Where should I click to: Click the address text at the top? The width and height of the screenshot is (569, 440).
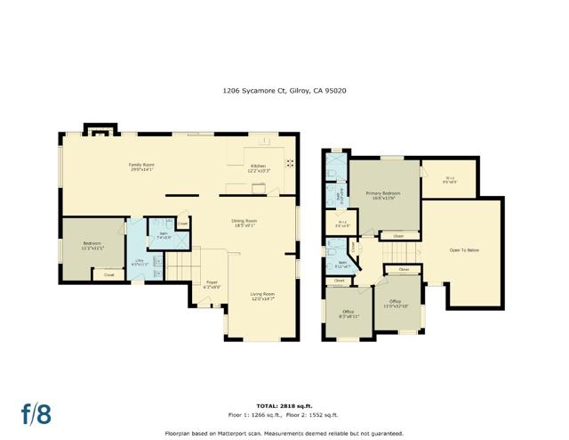(x=284, y=90)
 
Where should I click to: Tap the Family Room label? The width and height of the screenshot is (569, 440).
(x=141, y=167)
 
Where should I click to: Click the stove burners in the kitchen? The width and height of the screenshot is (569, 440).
(x=289, y=163)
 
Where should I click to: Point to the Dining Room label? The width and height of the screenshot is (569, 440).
(x=244, y=223)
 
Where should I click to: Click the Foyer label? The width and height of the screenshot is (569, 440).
(x=212, y=285)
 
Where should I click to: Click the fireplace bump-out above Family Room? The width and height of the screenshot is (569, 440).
(x=98, y=131)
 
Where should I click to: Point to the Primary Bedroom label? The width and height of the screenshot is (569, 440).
(x=383, y=195)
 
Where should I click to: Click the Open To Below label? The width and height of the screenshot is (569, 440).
(x=464, y=249)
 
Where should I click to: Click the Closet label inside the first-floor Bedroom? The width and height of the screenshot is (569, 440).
(x=108, y=275)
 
